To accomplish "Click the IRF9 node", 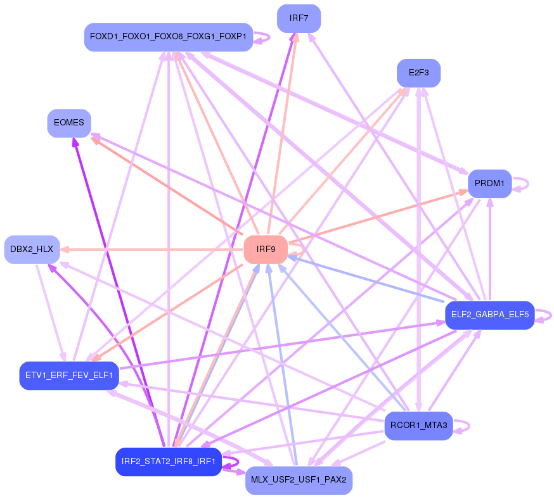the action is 266,249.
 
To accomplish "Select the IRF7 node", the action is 299,18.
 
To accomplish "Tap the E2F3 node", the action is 418,73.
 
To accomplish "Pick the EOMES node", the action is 69,123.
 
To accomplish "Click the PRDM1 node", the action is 489,184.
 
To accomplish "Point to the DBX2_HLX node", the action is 32,249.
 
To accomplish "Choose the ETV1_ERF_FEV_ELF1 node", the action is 68,376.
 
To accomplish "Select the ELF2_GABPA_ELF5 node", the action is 489,315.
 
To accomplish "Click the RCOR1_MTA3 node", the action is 418,426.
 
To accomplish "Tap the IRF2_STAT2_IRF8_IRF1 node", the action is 168,462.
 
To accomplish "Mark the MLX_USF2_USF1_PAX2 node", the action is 299,480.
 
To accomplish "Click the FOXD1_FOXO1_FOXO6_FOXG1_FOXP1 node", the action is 169,37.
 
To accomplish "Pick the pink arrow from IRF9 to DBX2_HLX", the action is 152,249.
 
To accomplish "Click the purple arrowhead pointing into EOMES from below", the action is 75,142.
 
